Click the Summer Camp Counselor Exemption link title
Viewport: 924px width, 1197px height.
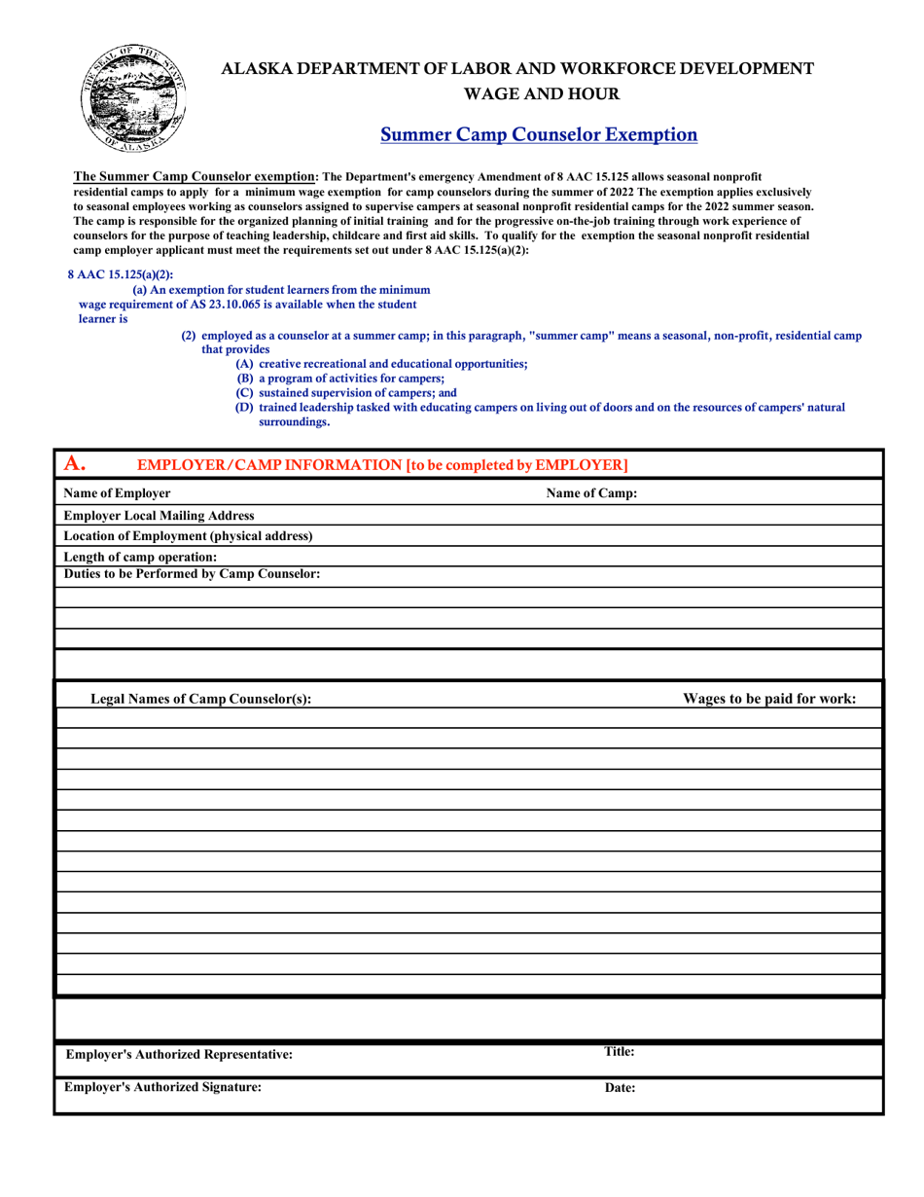click(x=538, y=134)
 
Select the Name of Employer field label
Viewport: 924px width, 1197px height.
click(x=117, y=493)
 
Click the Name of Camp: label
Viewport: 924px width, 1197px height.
click(x=591, y=493)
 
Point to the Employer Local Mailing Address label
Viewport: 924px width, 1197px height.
click(x=159, y=515)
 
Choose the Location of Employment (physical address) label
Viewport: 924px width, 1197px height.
click(x=188, y=536)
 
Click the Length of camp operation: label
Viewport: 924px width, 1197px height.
click(x=140, y=557)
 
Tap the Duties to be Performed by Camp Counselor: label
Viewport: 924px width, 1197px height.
click(x=192, y=574)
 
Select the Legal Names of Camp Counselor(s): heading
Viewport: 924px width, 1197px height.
click(x=200, y=699)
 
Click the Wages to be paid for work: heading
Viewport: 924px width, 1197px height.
click(x=769, y=698)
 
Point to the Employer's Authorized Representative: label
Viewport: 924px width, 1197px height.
click(x=179, y=1055)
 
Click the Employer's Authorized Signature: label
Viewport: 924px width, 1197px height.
click(x=162, y=1088)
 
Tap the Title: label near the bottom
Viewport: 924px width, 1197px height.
click(x=620, y=1052)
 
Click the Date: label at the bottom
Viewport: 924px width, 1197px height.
click(x=620, y=1089)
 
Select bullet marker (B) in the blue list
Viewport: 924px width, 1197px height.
click(x=245, y=378)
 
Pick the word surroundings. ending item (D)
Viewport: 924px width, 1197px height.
click(x=294, y=422)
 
